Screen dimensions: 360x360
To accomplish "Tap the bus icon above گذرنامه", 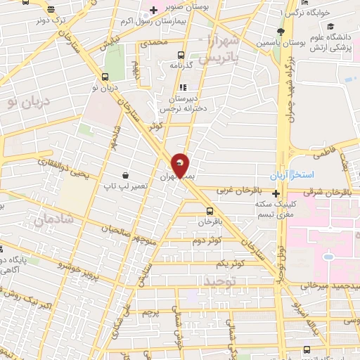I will pyautogui.click(x=181, y=55).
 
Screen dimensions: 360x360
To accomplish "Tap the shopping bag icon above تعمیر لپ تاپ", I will pyautogui.click(x=125, y=174).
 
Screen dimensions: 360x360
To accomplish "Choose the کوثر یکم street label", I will pyautogui.click(x=229, y=262).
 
